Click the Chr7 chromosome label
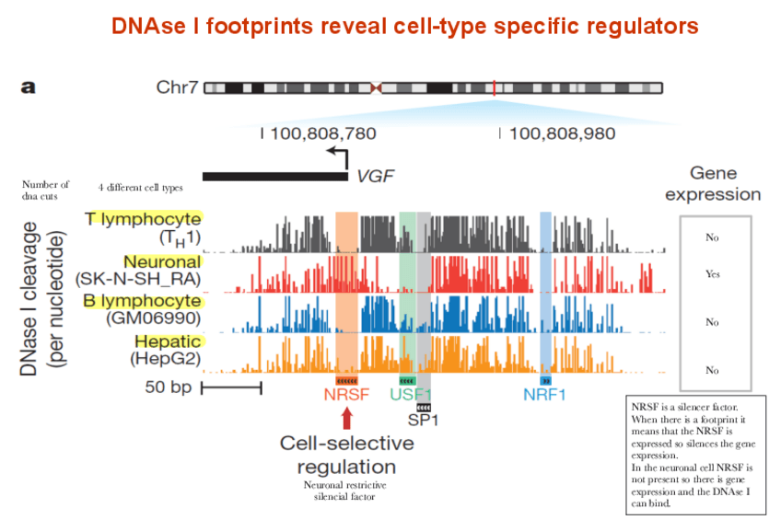(176, 88)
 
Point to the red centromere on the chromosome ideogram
(376, 88)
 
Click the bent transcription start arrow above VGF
(338, 156)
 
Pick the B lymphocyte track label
(143, 301)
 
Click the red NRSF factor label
(345, 397)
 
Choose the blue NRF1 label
(544, 396)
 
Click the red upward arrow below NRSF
(346, 420)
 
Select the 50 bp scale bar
(231, 387)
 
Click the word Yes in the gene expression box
(712, 274)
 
